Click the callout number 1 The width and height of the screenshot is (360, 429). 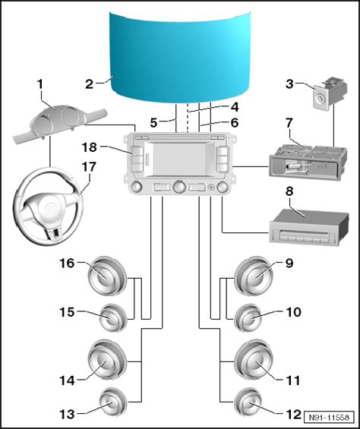[40, 84]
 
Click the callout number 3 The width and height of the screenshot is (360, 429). [289, 84]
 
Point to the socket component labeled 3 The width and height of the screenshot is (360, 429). [330, 93]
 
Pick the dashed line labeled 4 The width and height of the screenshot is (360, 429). [188, 118]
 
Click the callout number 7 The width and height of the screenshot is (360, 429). [289, 123]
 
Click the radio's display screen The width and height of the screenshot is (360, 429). [179, 159]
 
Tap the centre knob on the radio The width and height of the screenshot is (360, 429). [179, 187]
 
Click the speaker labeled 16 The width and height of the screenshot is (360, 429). [107, 276]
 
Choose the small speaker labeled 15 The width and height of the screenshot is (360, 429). [113, 317]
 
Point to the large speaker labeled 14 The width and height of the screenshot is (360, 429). [107, 360]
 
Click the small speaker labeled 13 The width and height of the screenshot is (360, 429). [113, 402]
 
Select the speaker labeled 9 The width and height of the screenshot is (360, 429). [254, 276]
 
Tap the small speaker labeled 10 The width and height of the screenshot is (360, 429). [248, 317]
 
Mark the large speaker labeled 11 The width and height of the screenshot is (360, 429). [254, 360]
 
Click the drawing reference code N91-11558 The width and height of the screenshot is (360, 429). [329, 418]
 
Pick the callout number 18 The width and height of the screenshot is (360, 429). [90, 147]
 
